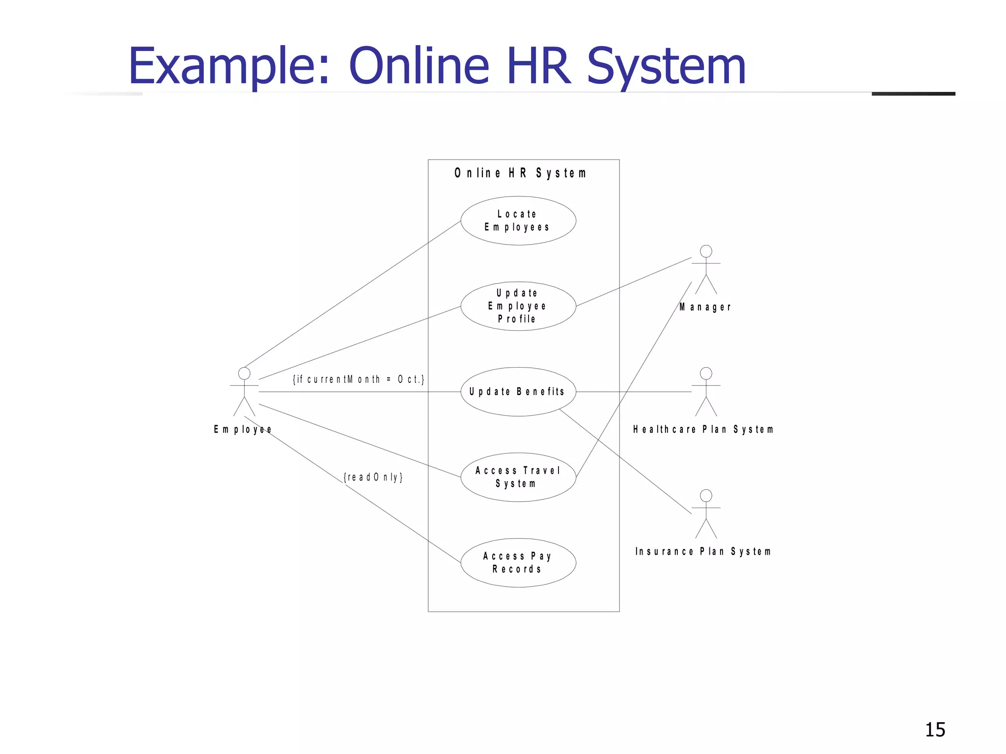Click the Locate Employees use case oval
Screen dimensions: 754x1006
518,221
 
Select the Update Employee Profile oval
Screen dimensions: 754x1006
518,306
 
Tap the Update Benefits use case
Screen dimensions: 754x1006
518,392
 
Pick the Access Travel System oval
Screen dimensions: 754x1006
518,477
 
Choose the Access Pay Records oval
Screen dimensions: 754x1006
518,563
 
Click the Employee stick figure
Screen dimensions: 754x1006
244,391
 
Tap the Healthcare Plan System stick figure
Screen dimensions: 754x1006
706,391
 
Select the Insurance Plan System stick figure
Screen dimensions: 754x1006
706,513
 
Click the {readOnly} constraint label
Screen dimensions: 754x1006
373,477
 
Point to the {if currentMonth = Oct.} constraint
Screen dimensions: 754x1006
359,379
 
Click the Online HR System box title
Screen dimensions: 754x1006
521,173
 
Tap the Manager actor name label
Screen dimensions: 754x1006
705,307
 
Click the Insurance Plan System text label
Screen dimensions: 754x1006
703,552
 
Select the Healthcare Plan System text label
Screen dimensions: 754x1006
703,430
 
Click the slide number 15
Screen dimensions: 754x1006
935,730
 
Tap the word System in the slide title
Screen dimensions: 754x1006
666,66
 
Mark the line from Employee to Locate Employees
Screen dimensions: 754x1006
352,294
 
